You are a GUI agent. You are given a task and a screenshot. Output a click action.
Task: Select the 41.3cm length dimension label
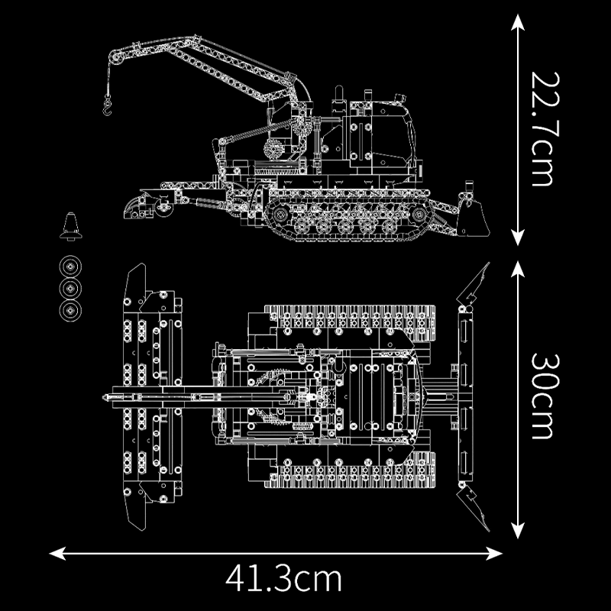coord(283,579)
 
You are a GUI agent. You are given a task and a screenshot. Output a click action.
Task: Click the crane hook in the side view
coord(108,103)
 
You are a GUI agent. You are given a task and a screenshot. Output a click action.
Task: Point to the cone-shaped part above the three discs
coord(72,227)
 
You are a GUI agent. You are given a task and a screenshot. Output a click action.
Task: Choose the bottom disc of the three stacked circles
coord(72,310)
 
